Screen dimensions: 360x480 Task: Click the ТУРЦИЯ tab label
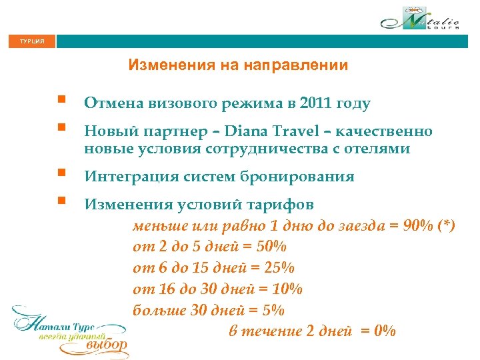[31, 41]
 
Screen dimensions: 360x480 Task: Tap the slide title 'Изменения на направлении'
[238, 65]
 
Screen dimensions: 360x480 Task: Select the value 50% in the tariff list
[270, 247]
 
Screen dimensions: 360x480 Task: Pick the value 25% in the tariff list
[278, 267]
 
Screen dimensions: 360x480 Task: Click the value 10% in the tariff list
[287, 289]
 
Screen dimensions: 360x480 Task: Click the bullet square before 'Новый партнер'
[61, 127]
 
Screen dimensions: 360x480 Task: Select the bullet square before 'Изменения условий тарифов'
[61, 199]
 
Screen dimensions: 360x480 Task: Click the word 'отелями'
[377, 148]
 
